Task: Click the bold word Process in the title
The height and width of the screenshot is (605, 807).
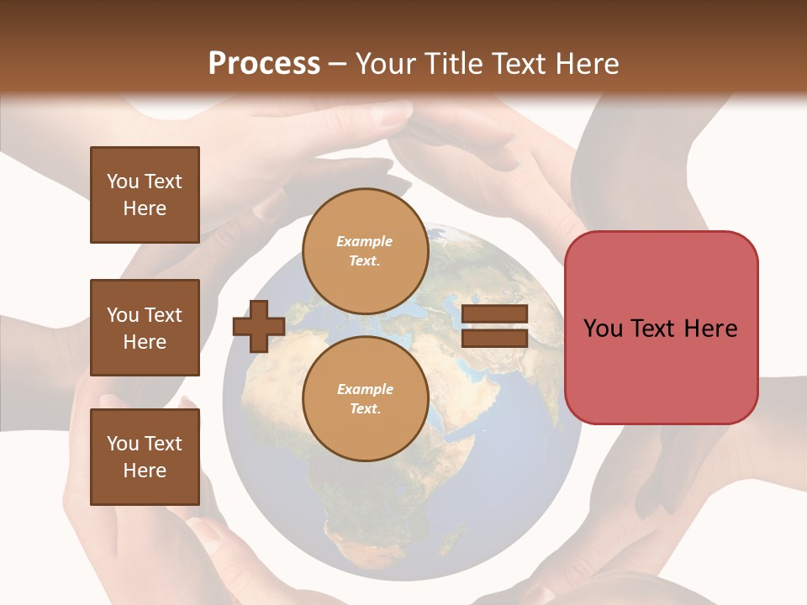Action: coord(264,64)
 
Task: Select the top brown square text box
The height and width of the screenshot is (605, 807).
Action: coord(145,195)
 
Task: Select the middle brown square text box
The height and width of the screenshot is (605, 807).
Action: coord(145,328)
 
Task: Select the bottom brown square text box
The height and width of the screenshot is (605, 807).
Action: coord(145,457)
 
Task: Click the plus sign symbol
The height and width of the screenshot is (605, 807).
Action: coord(259,326)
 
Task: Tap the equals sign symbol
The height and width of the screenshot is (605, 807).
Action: coord(495,326)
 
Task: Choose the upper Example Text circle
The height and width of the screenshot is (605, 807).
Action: coord(365,251)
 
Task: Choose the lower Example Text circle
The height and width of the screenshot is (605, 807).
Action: coord(365,399)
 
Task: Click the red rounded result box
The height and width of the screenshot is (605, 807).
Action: coord(661,327)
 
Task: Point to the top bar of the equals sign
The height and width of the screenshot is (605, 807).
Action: coord(495,314)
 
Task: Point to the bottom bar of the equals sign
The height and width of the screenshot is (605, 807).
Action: coord(495,338)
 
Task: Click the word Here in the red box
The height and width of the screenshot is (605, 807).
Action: coord(710,329)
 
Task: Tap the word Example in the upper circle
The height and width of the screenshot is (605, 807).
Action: coord(365,241)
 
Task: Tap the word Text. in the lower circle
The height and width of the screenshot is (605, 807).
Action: coord(365,409)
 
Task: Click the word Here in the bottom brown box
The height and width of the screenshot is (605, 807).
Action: coord(145,471)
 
